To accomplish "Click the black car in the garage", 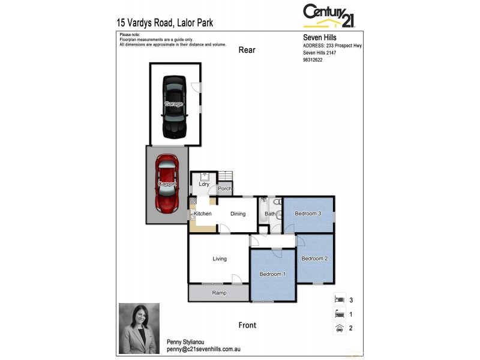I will coord(174,106).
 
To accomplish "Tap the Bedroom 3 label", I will coord(308,214).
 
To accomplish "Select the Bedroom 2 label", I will coord(314,259).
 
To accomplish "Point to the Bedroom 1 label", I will coord(272,274).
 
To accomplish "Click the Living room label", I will coord(220,259).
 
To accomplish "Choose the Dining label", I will coord(238,214).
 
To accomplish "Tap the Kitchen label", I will coord(202,214).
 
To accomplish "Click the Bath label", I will coord(270,214).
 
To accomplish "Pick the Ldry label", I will coord(204,184).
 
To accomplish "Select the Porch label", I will coord(225,188).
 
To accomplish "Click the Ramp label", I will coord(219,293).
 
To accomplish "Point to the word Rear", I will coord(247,50).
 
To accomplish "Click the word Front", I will coord(247,325).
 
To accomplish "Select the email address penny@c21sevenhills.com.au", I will coord(203,349).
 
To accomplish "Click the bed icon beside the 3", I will coord(339,299).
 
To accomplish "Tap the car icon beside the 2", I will coord(339,328).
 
